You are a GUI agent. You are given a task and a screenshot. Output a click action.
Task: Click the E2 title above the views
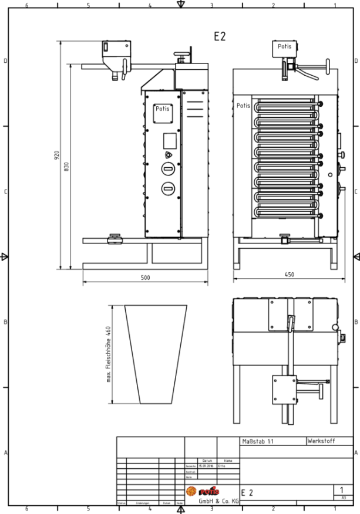(220, 36)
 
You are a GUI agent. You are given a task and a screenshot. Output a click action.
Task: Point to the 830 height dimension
(66, 167)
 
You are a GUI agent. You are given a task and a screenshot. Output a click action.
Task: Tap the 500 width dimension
(145, 278)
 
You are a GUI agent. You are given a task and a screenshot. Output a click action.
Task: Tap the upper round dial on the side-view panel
(169, 170)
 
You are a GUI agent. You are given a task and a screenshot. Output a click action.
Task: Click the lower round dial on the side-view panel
(169, 188)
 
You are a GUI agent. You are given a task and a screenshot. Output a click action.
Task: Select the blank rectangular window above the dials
(169, 140)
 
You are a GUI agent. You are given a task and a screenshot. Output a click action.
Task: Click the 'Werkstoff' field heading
(322, 440)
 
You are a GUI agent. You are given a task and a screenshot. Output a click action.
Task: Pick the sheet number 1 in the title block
(342, 489)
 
